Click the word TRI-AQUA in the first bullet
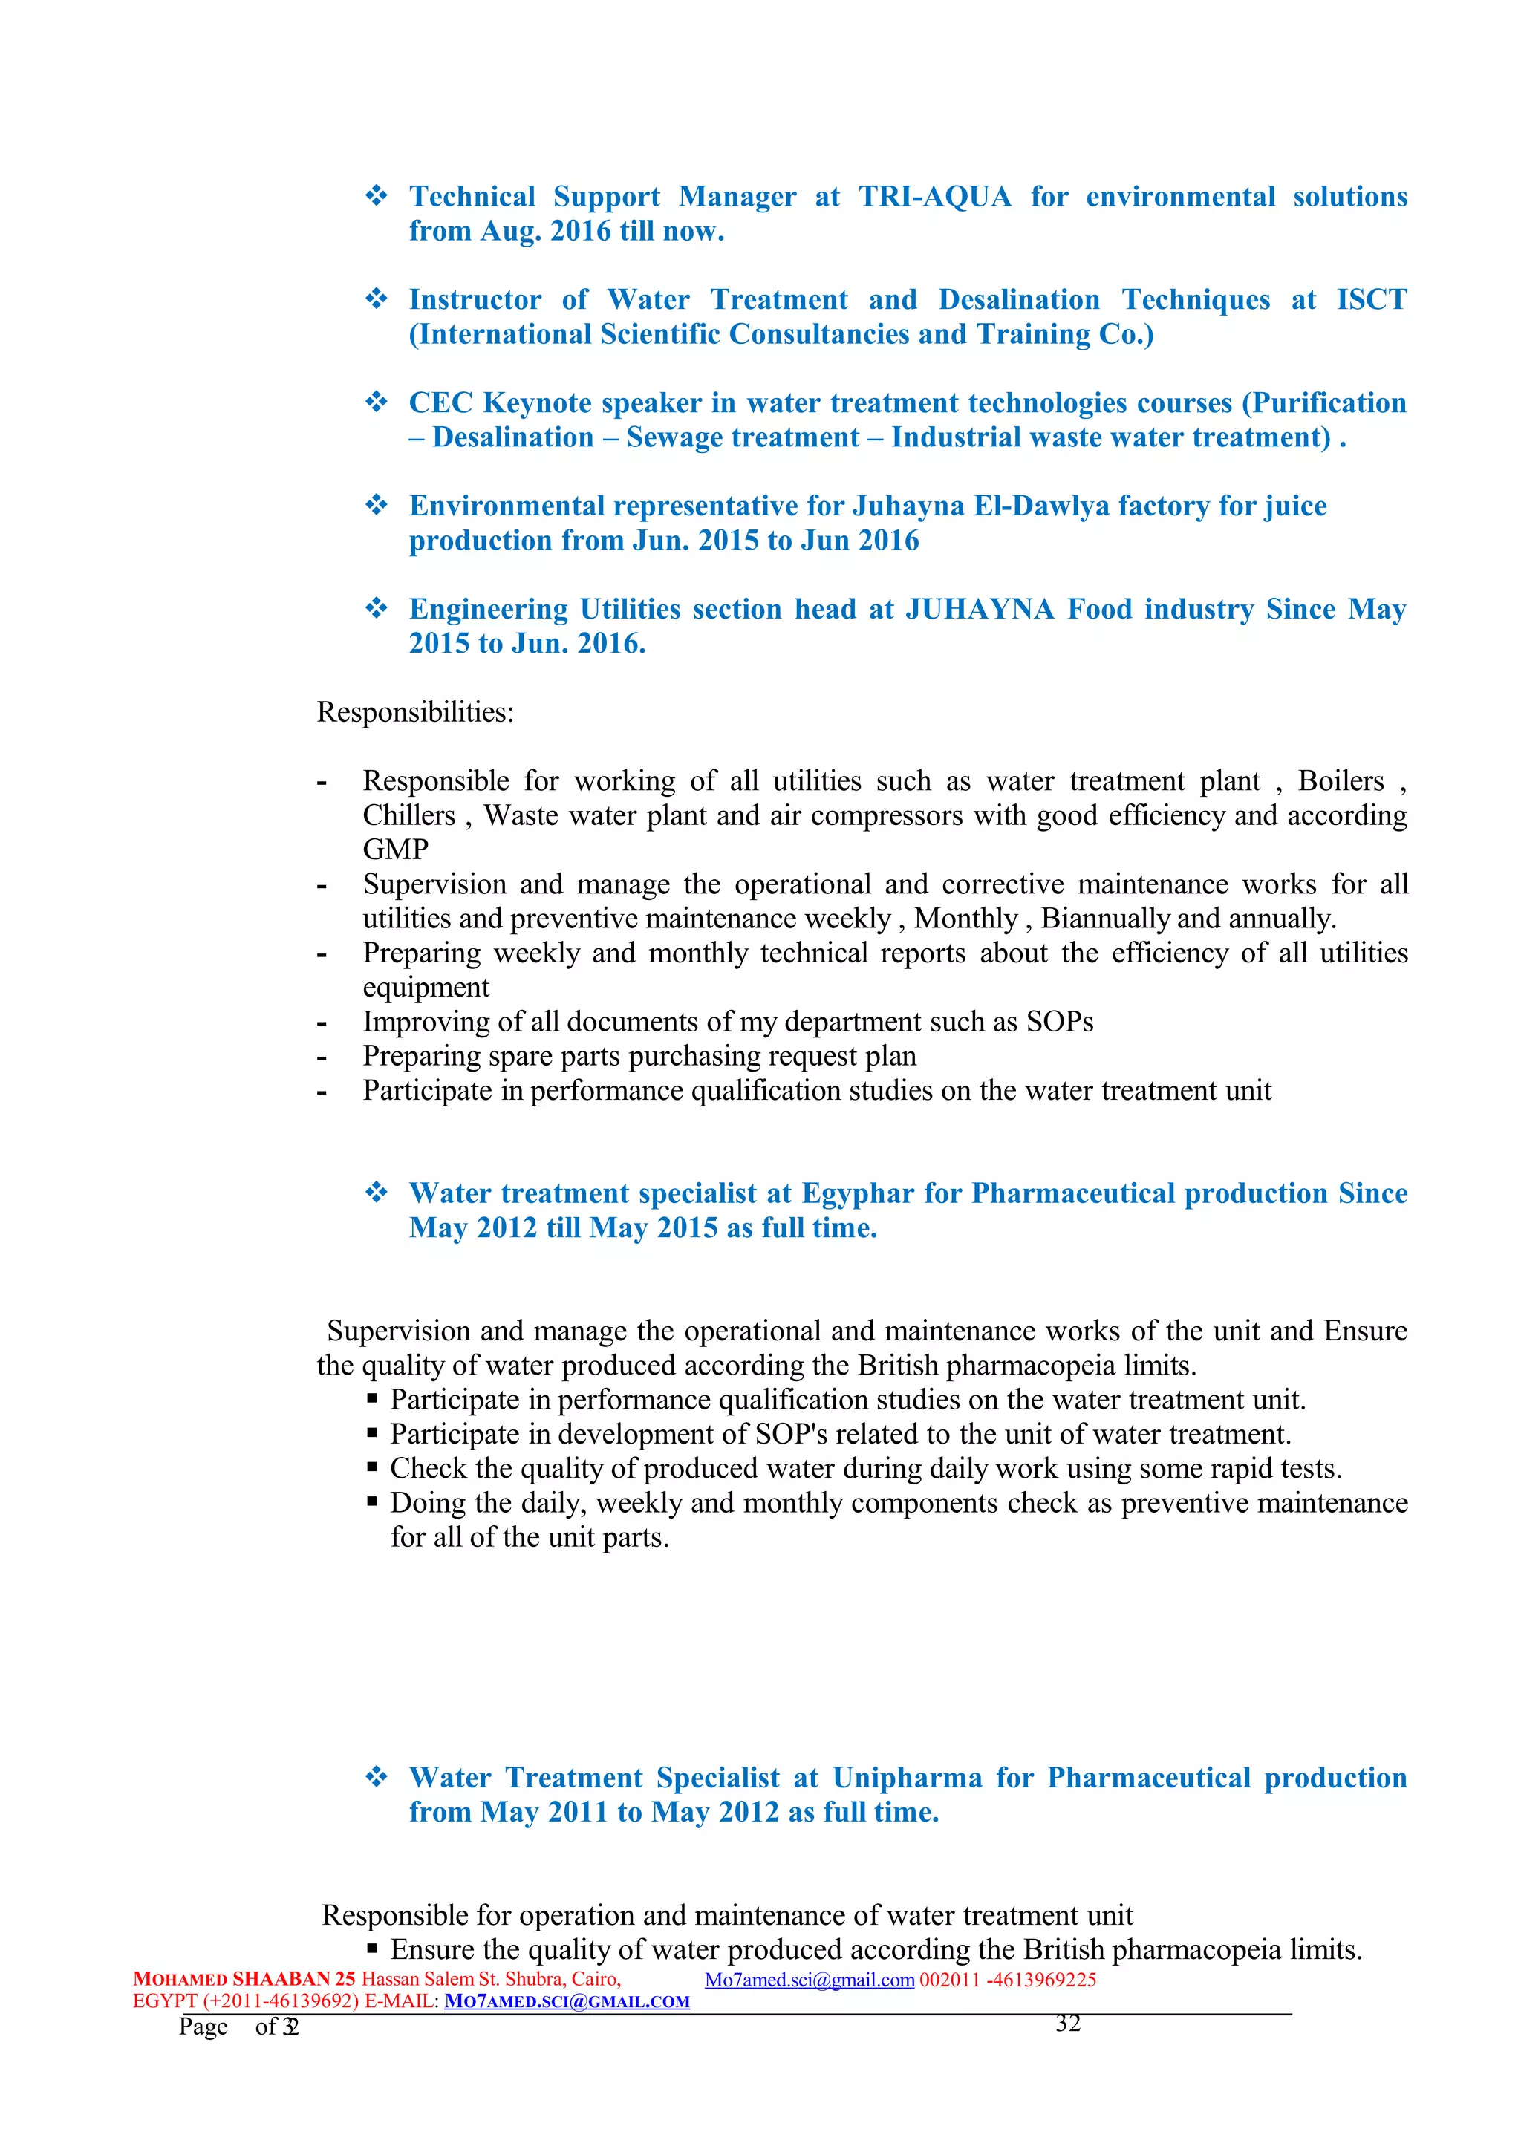tap(934, 197)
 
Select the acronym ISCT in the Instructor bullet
tap(1371, 300)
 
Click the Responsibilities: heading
tap(415, 712)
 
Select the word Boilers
tap(1340, 780)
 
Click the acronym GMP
tap(396, 850)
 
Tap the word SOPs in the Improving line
tap(1059, 1022)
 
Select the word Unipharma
tap(906, 1778)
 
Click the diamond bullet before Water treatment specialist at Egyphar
tap(376, 1193)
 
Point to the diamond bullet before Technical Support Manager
tap(376, 196)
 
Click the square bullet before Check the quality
tap(372, 1468)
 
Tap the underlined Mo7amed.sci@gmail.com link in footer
tap(809, 1980)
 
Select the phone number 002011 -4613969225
tap(1008, 1980)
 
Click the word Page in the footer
tap(203, 2027)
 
